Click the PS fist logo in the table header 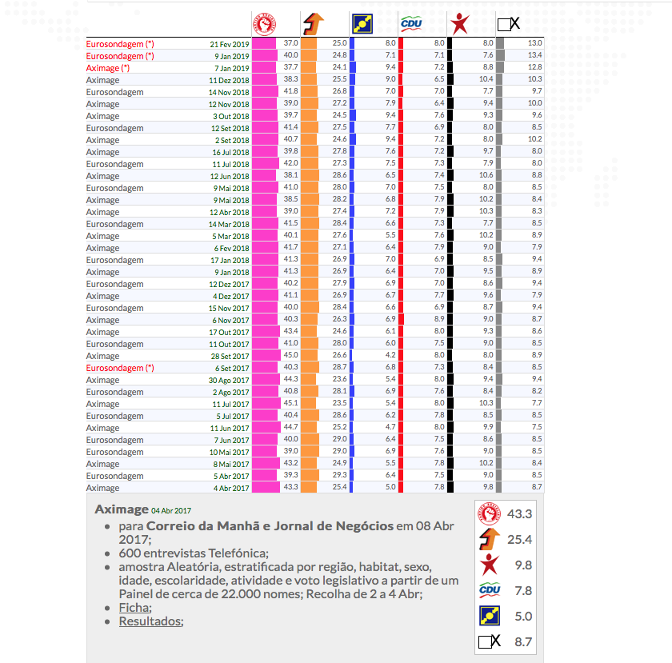[262, 23]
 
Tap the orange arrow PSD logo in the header [313, 23]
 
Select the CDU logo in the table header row [411, 23]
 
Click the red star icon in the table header [459, 23]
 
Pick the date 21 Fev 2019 [230, 44]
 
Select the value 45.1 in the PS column [291, 404]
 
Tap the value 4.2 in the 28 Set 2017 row [390, 356]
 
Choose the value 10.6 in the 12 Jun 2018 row [486, 176]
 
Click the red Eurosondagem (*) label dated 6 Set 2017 [120, 368]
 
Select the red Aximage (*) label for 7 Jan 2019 [107, 68]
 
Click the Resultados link [150, 621]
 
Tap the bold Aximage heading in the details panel [121, 509]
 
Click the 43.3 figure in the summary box [518, 513]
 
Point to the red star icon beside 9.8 [489, 565]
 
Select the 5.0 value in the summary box [523, 616]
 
